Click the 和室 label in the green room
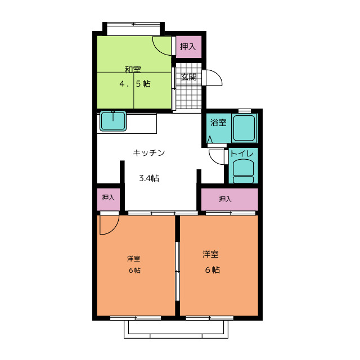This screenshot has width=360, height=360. (x=133, y=70)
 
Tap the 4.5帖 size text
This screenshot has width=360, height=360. (x=135, y=84)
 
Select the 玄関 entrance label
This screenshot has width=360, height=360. (x=189, y=77)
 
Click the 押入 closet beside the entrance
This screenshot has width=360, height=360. (x=188, y=47)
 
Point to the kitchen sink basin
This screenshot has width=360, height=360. (x=113, y=121)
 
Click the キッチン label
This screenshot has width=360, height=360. (x=149, y=152)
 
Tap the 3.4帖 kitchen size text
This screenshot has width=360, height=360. (x=149, y=178)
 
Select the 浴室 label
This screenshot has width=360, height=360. (x=218, y=123)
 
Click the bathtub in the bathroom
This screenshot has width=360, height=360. (x=244, y=128)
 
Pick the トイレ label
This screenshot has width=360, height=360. (x=242, y=154)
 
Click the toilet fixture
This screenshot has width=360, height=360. (x=243, y=171)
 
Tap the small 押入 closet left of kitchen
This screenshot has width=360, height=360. (x=108, y=199)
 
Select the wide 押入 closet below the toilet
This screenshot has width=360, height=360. (x=229, y=199)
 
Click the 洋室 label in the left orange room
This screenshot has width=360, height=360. (x=134, y=259)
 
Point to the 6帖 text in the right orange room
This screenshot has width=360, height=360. (x=213, y=270)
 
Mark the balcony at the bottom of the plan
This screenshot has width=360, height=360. (x=176, y=329)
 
